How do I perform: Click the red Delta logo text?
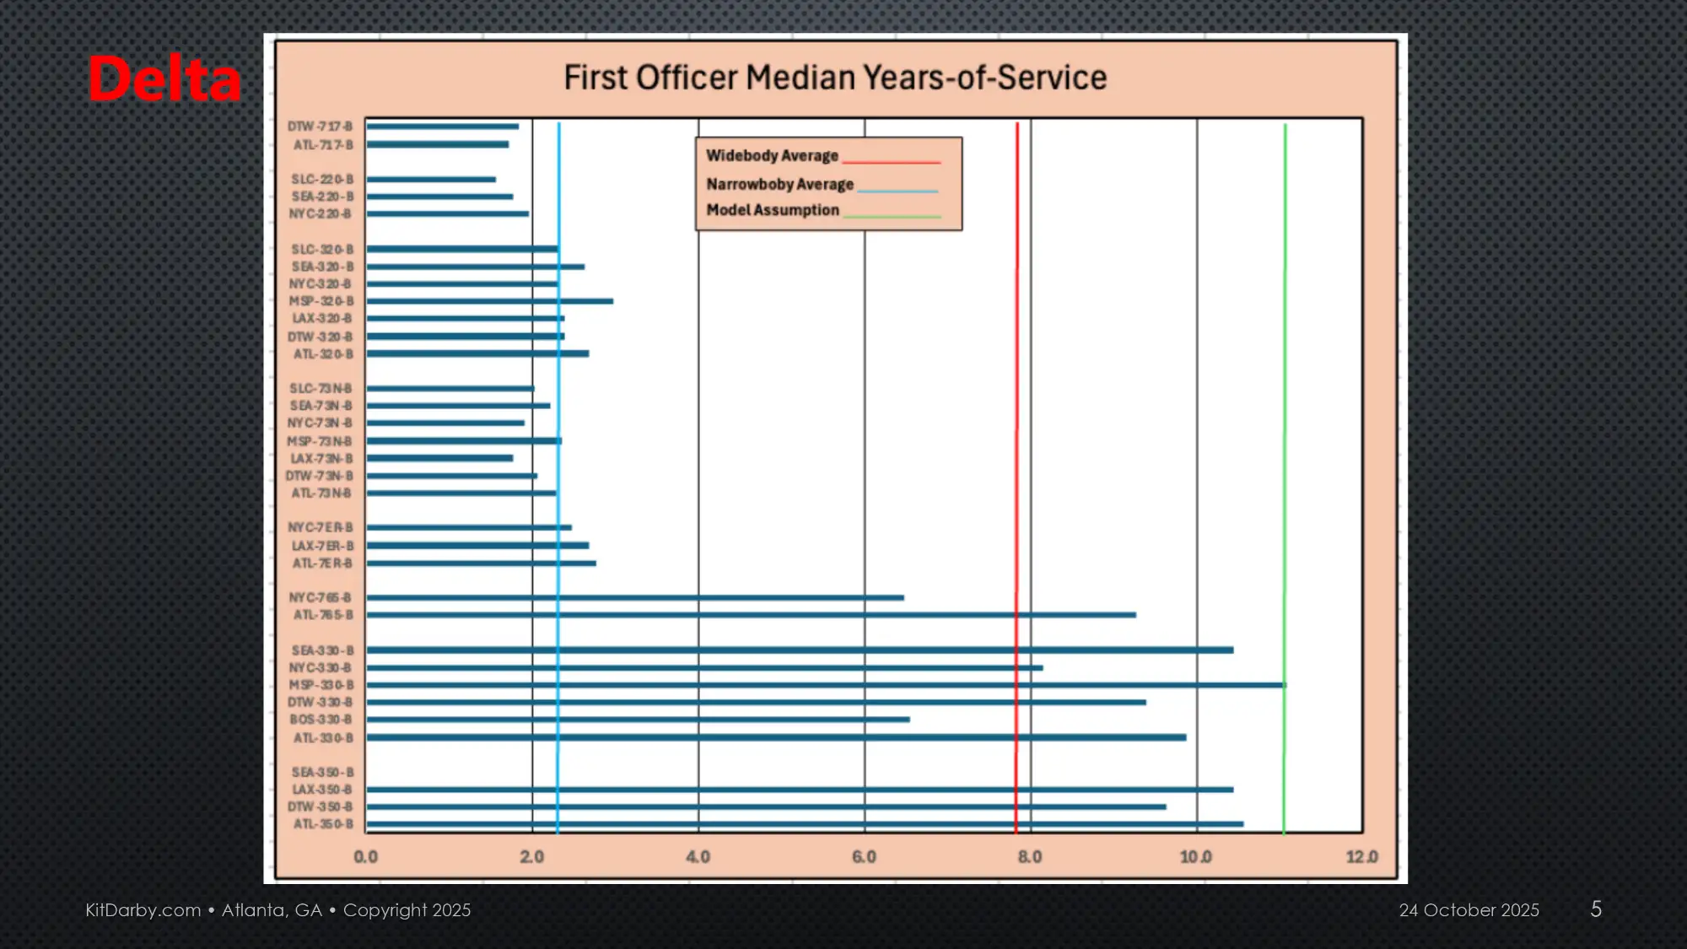pyautogui.click(x=165, y=79)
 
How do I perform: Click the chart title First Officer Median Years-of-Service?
pyautogui.click(x=835, y=78)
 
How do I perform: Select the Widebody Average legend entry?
pyautogui.click(x=772, y=156)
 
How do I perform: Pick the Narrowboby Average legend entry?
pyautogui.click(x=779, y=184)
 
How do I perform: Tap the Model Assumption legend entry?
pyautogui.click(x=773, y=210)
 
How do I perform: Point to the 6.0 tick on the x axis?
pyautogui.click(x=864, y=857)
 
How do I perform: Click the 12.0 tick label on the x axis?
pyautogui.click(x=1361, y=857)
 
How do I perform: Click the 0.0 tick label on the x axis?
pyautogui.click(x=365, y=857)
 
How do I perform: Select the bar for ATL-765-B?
pyautogui.click(x=751, y=615)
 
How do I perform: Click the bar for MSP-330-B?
pyautogui.click(x=827, y=685)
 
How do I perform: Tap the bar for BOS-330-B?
pyautogui.click(x=638, y=720)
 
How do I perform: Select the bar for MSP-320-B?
pyautogui.click(x=489, y=301)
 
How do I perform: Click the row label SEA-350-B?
pyautogui.click(x=322, y=773)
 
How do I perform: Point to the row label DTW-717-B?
pyautogui.click(x=320, y=127)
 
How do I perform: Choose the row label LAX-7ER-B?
pyautogui.click(x=322, y=546)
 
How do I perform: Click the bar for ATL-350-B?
pyautogui.click(x=805, y=824)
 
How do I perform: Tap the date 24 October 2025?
pyautogui.click(x=1469, y=910)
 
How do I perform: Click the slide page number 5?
pyautogui.click(x=1596, y=909)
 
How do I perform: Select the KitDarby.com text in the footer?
pyautogui.click(x=143, y=910)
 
